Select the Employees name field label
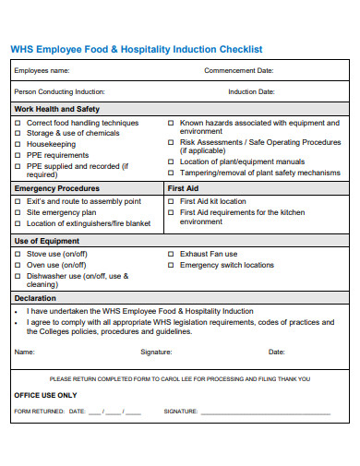42,70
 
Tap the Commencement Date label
238,70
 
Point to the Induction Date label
251,91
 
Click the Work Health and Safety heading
55,109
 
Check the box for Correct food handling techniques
18,123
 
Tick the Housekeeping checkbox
18,143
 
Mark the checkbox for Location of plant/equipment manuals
172,162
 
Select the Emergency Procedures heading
56,187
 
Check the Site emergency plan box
18,212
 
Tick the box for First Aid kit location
172,201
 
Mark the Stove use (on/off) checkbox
18,254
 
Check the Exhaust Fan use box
172,254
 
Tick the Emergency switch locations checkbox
172,265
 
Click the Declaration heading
34,298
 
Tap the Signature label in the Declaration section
155,352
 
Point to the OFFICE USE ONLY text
45,395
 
